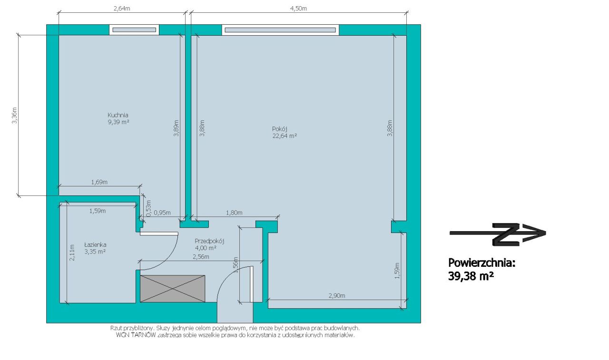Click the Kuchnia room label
click(x=118, y=115)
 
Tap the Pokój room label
click(x=279, y=129)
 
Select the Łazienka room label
click(x=95, y=244)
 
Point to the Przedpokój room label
click(x=209, y=241)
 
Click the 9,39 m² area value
click(x=118, y=122)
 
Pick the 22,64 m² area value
click(x=285, y=136)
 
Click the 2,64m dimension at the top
click(x=122, y=9)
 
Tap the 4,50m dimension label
click(x=298, y=9)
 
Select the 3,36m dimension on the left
click(x=14, y=115)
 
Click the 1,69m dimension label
click(x=99, y=182)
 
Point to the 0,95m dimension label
click(x=162, y=213)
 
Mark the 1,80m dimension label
click(x=234, y=213)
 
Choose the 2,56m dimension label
click(x=201, y=257)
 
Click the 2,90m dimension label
click(x=337, y=296)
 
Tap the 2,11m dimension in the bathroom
click(x=72, y=253)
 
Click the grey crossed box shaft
click(x=173, y=289)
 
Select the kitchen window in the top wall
click(x=134, y=30)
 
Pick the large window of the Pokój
click(x=280, y=30)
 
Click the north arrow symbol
click(x=498, y=234)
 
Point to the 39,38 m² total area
click(x=471, y=276)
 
